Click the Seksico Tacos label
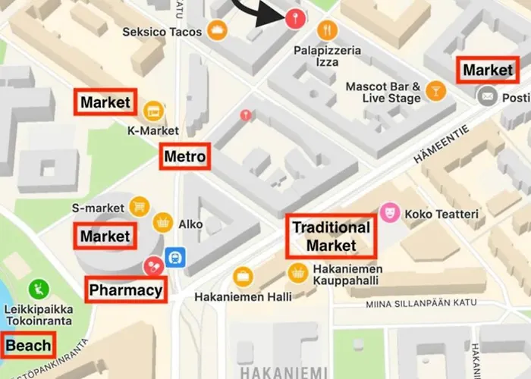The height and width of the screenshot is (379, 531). click(162, 32)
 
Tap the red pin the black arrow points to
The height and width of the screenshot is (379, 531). click(292, 19)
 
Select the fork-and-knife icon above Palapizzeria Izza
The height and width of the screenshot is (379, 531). click(328, 30)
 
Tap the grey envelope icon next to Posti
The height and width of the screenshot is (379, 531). click(486, 96)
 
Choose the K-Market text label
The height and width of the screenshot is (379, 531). click(152, 130)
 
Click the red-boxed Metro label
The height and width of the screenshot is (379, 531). click(185, 158)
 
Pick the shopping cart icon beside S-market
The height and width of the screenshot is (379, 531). click(139, 205)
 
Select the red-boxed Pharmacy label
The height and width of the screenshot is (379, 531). click(126, 290)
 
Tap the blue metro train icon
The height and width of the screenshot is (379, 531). click(175, 258)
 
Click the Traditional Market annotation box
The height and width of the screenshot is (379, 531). click(331, 236)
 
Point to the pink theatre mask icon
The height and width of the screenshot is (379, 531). click(390, 213)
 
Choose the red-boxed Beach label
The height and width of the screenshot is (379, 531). click(29, 346)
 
